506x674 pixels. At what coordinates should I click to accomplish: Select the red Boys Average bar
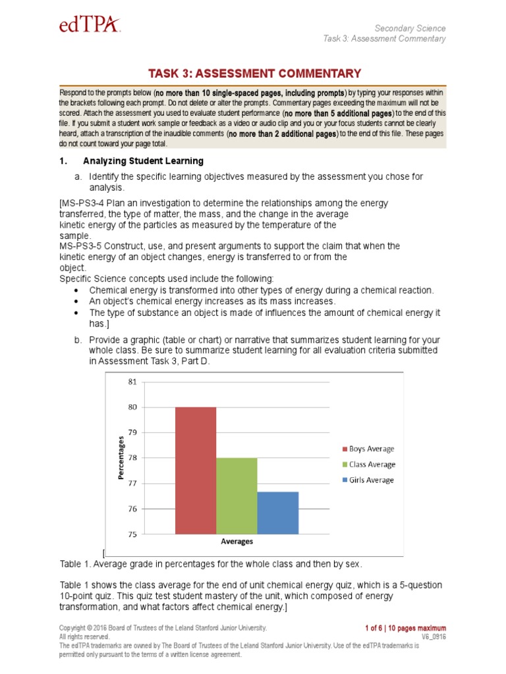tap(195, 470)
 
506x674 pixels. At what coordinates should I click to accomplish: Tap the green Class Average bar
tap(237, 496)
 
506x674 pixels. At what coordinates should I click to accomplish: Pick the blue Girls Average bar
tap(277, 513)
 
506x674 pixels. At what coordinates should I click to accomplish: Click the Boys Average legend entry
tap(368, 449)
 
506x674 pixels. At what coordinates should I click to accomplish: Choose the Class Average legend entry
tap(368, 465)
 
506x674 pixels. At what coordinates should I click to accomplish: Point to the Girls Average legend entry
tap(368, 480)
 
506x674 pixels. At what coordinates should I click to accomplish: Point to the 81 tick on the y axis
tap(132, 382)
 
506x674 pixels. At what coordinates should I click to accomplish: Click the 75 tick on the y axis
tap(132, 534)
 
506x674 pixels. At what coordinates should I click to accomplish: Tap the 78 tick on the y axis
tap(132, 458)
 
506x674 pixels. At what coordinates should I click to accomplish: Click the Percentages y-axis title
tap(121, 458)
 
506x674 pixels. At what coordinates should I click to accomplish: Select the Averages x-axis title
tap(237, 542)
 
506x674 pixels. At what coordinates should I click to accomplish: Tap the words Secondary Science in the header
tap(410, 28)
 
